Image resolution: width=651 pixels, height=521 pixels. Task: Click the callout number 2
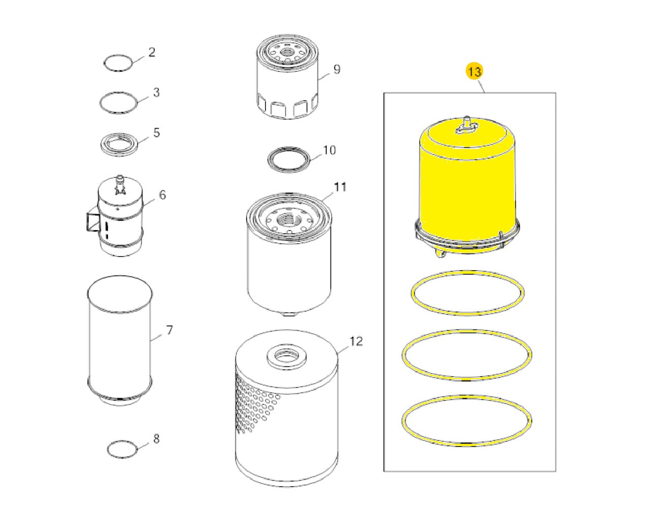(x=152, y=52)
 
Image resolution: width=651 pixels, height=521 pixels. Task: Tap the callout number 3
(x=156, y=92)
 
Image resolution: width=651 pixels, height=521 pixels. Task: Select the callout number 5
(x=156, y=132)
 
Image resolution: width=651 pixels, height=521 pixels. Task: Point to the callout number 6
(x=162, y=195)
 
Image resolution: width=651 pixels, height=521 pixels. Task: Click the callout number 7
(x=169, y=330)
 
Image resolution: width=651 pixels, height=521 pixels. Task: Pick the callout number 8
(x=156, y=438)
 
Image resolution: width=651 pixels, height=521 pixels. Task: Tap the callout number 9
(x=337, y=69)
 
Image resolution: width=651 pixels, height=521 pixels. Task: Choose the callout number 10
(x=329, y=150)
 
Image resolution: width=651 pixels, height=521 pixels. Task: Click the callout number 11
(x=340, y=187)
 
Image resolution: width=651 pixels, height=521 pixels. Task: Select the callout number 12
(x=356, y=342)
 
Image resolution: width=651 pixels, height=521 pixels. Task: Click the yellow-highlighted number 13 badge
(x=474, y=71)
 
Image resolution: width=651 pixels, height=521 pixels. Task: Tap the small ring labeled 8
(x=122, y=450)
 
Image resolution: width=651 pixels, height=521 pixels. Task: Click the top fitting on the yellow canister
(x=466, y=124)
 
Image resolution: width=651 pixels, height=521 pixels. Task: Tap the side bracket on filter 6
(x=92, y=222)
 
